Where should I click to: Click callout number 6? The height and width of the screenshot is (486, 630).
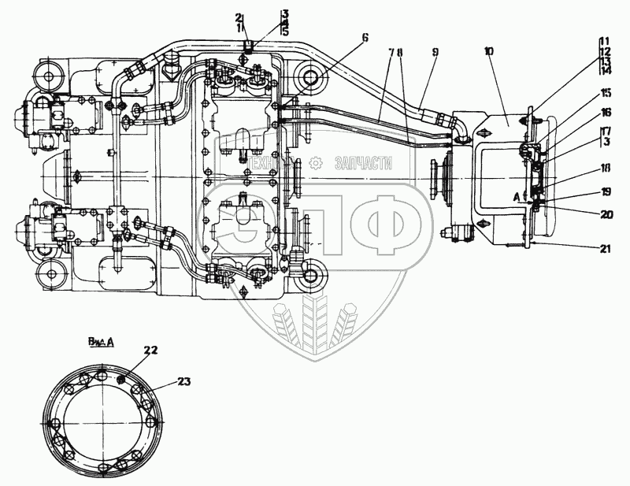coord(365,36)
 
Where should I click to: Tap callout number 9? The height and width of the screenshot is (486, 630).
coord(434,53)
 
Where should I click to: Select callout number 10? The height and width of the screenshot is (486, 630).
coord(489,53)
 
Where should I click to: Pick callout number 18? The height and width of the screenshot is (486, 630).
coord(604,169)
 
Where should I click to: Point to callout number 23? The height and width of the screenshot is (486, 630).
coord(183,382)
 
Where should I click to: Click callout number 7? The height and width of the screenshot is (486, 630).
coord(391,53)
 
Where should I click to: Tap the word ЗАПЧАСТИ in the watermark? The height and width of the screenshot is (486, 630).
coord(363,163)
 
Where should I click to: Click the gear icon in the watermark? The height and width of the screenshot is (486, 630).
coord(316,162)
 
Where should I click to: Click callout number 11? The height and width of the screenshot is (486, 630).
coord(604,40)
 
